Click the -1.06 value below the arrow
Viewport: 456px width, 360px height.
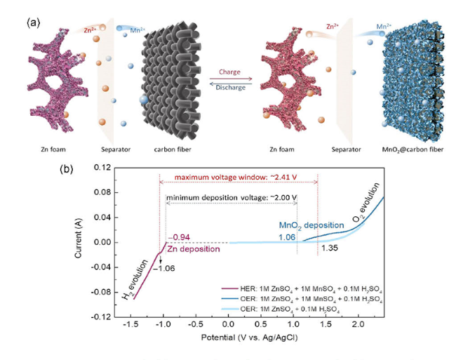[167, 267]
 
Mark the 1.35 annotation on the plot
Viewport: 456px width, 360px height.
[330, 248]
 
